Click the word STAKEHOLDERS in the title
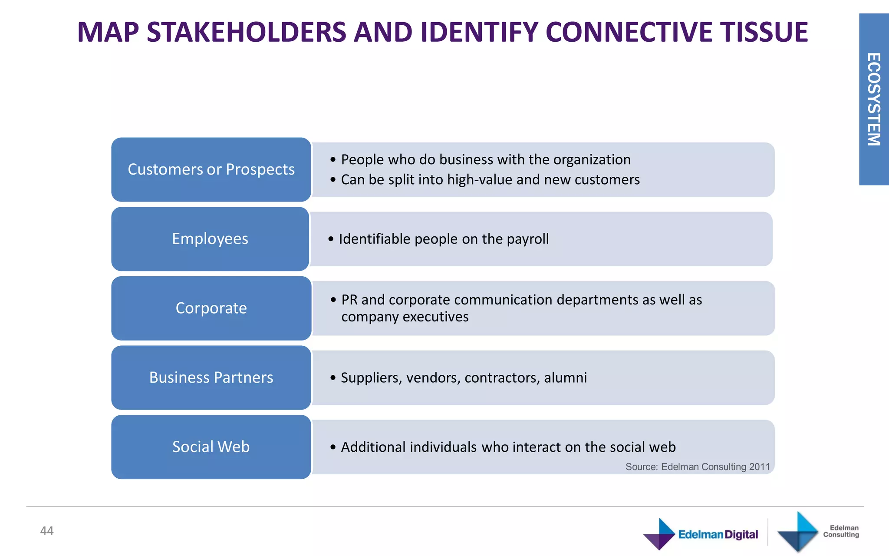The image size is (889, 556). point(247,32)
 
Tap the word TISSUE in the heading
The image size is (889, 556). point(764,32)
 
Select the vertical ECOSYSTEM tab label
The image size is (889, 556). point(874,99)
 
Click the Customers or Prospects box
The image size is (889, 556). point(211,169)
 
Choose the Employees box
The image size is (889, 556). point(210,239)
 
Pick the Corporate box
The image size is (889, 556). point(211,308)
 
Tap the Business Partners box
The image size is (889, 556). point(211,377)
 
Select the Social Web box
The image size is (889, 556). point(211,447)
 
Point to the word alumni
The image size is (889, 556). point(565,378)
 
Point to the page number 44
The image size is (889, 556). point(47,531)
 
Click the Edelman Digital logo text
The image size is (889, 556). point(718,534)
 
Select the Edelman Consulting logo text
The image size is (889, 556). point(841,531)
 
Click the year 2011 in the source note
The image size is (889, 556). point(759,467)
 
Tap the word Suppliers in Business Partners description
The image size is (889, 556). point(372,378)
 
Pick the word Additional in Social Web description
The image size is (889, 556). point(373,447)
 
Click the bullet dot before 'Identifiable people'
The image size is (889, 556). point(331,239)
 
